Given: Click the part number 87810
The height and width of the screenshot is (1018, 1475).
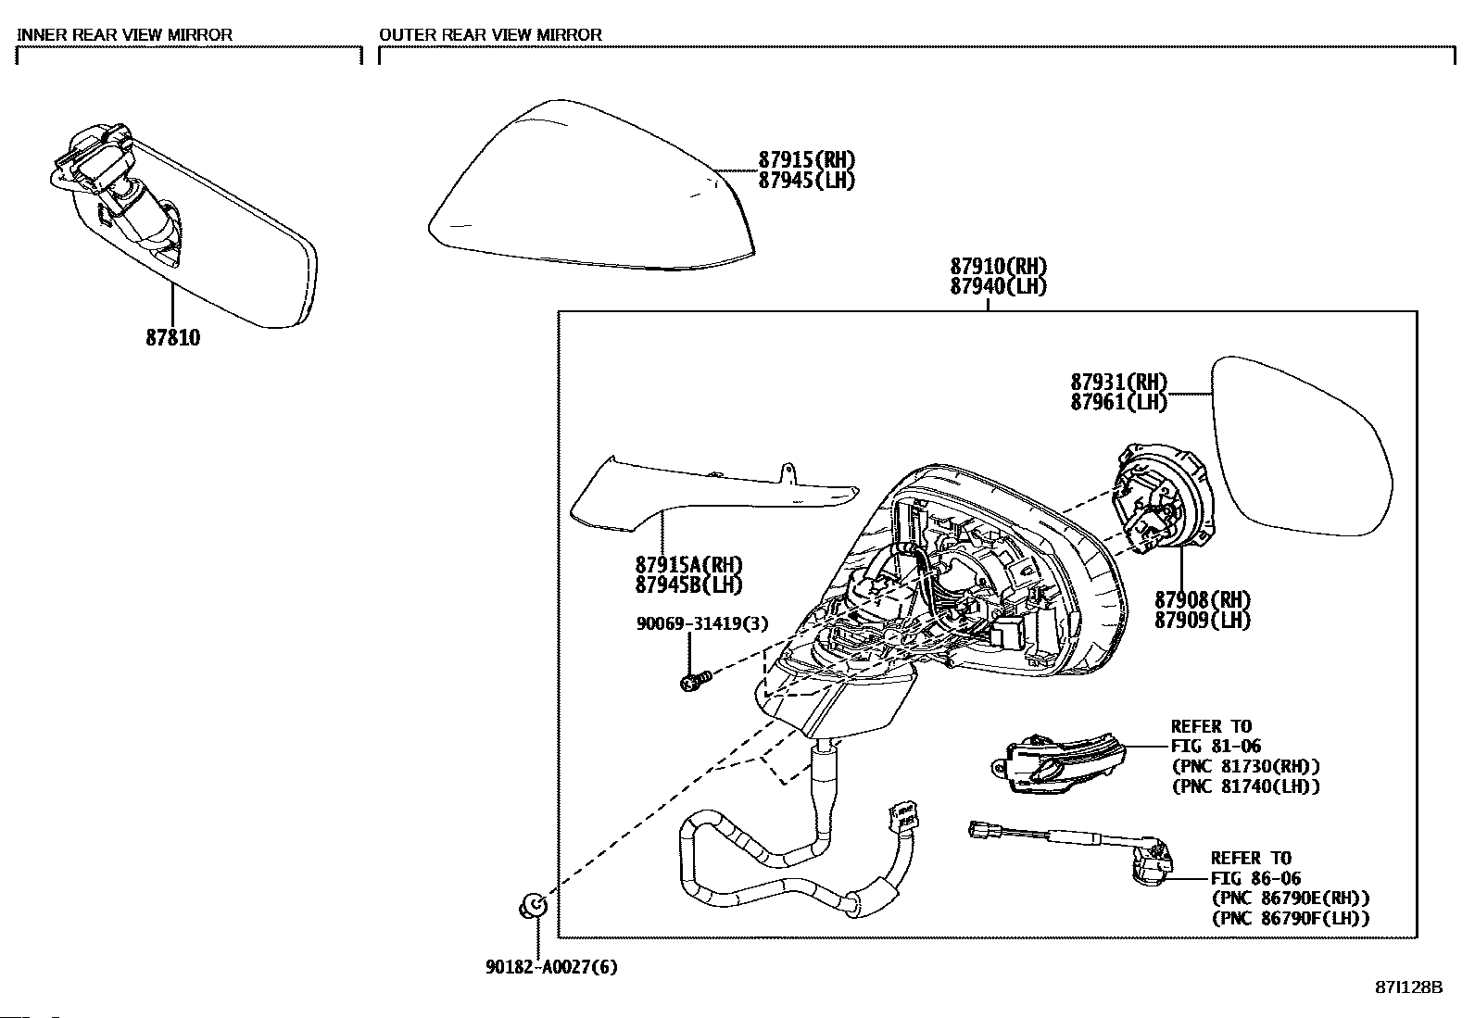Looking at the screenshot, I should click(172, 338).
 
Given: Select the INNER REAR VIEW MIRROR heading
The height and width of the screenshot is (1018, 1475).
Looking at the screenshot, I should click(125, 35).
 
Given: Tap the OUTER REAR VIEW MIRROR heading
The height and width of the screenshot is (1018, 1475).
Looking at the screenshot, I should click(490, 35).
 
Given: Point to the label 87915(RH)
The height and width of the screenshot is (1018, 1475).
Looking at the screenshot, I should click(806, 160).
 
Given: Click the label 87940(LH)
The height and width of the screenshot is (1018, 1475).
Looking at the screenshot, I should click(998, 287).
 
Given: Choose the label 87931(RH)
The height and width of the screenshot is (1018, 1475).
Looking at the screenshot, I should click(1119, 382).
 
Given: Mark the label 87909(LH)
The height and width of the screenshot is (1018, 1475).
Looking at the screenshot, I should click(1202, 621).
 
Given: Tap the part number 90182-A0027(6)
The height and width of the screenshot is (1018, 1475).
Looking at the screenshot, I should click(551, 967).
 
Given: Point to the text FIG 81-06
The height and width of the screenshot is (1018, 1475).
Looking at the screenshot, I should click(1216, 747).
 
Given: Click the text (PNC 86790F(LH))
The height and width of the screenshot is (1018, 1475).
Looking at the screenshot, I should click(1290, 919).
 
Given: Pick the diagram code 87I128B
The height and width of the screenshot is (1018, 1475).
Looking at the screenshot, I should click(1408, 987).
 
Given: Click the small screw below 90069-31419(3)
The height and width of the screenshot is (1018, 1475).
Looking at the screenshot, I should click(694, 683).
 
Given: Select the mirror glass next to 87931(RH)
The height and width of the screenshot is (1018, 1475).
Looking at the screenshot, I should click(1302, 445).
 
